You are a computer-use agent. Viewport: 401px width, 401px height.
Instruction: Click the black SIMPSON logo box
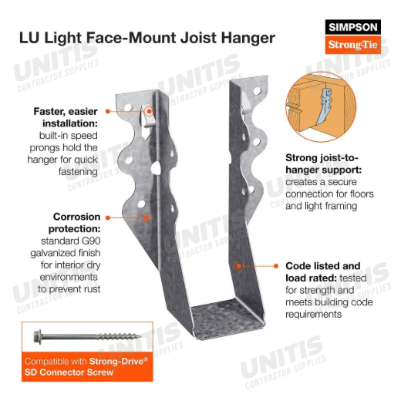(x=352, y=27)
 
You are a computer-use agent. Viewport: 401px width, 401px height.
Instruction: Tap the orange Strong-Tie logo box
(x=352, y=45)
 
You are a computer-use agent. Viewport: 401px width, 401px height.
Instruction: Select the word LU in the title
(x=29, y=38)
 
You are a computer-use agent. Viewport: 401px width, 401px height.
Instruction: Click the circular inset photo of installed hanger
(x=321, y=106)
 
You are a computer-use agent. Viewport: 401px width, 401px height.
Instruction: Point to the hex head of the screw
(x=38, y=336)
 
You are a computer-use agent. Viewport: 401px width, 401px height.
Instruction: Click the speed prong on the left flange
(x=147, y=116)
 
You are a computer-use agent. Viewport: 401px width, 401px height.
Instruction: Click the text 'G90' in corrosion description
(x=91, y=241)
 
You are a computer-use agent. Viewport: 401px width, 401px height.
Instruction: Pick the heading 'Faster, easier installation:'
(x=66, y=117)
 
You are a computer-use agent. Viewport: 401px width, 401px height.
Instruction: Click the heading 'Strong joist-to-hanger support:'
(x=323, y=163)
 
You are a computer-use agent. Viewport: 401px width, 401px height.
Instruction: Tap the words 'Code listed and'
(x=323, y=266)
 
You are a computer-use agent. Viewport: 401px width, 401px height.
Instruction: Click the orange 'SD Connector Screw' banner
(x=87, y=366)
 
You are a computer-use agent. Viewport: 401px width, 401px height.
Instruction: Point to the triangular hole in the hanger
(x=156, y=169)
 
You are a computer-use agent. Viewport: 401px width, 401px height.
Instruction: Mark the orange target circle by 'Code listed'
(x=239, y=266)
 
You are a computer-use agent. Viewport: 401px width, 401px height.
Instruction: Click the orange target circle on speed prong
(x=149, y=111)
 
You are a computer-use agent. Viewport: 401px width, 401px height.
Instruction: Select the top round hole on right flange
(x=257, y=91)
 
